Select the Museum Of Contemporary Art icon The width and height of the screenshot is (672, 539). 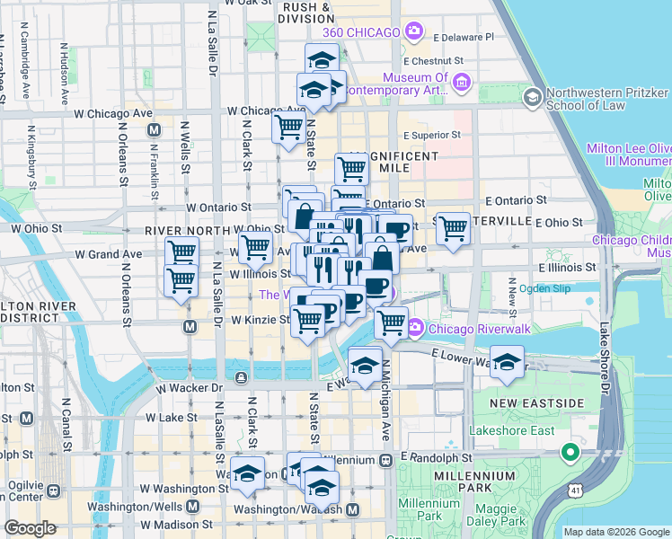(463, 84)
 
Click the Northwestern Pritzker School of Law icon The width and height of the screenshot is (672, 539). (532, 96)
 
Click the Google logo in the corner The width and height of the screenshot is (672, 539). (31, 528)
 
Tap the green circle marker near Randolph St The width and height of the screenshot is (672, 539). (569, 451)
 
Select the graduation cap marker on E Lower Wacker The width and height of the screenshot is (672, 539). (508, 361)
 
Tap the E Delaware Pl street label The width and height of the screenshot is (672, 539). (464, 38)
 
